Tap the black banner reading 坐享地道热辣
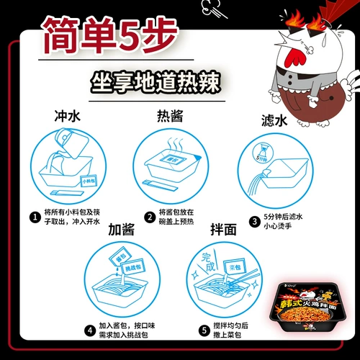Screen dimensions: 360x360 pos(152,79)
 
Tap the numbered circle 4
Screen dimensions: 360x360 pos(90,331)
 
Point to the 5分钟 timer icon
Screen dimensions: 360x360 pos(264,153)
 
